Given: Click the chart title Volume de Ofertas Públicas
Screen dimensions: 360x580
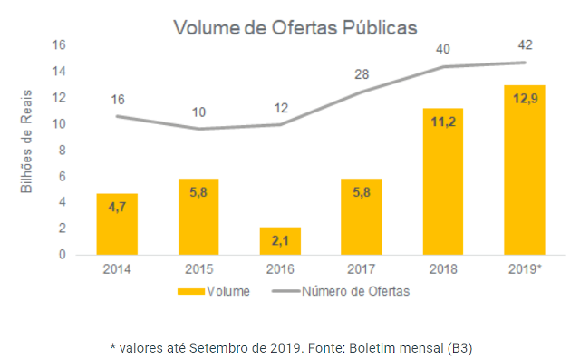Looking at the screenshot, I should [x=295, y=27].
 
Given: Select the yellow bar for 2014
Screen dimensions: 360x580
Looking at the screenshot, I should [x=117, y=225].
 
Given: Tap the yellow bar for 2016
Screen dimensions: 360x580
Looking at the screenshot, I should [x=280, y=241].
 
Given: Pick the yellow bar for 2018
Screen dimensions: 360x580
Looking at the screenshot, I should [x=442, y=181].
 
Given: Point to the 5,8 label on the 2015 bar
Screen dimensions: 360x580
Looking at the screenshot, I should [x=198, y=193].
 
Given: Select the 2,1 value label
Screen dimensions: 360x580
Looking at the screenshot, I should [x=280, y=242].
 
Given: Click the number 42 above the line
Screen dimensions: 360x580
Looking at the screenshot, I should [x=524, y=44].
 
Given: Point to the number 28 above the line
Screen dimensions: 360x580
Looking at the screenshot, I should [x=361, y=73].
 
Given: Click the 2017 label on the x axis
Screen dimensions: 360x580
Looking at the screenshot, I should [x=361, y=270].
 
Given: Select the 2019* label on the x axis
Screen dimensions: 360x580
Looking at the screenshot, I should [x=524, y=270].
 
